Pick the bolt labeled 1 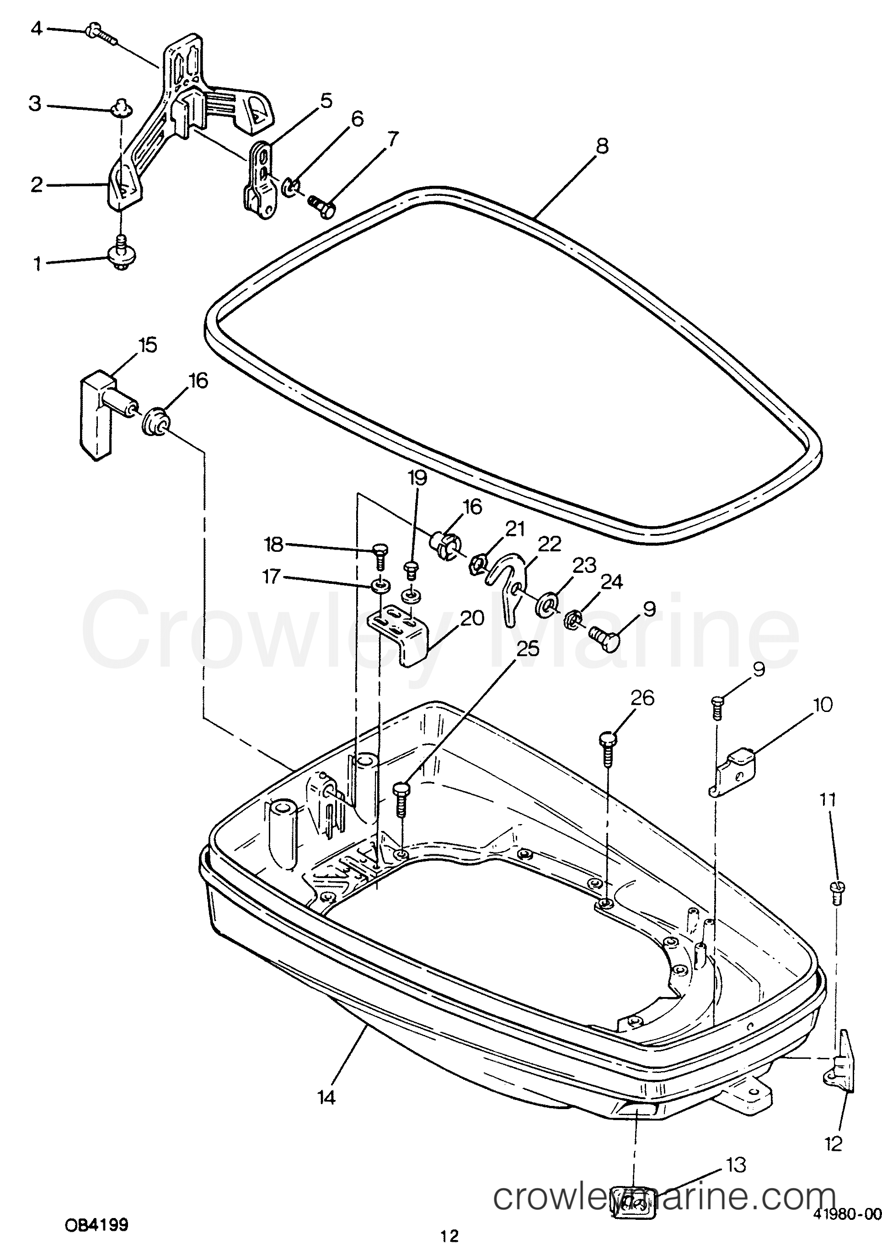[x=121, y=254]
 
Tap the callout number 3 [x=35, y=104]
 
